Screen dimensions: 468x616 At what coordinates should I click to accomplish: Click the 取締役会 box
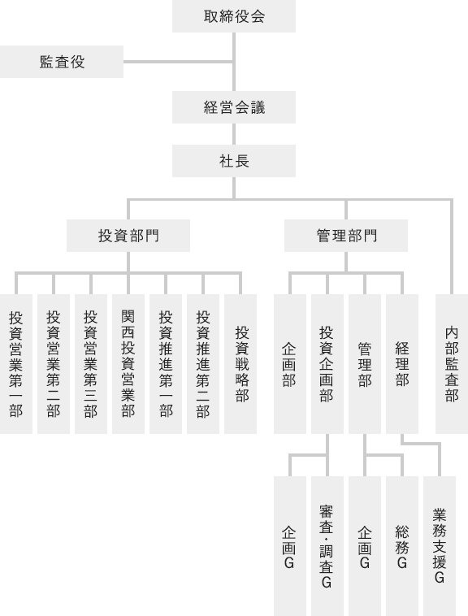tap(234, 16)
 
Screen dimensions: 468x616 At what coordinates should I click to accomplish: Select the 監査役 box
tap(62, 62)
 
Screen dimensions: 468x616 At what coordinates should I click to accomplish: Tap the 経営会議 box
tap(234, 107)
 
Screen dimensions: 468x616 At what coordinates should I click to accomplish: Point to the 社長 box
tap(234, 161)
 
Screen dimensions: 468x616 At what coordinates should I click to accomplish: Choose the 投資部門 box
tap(128, 236)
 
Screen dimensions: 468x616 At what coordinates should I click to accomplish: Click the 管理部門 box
tap(346, 236)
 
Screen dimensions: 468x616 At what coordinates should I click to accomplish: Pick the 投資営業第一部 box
tap(16, 364)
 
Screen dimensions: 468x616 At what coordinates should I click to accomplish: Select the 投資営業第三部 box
tap(91, 364)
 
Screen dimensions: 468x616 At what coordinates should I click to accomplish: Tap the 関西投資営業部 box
tap(128, 364)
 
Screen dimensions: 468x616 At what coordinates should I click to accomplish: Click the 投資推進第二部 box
tap(203, 364)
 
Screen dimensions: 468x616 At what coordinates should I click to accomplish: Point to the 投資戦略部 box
tap(240, 364)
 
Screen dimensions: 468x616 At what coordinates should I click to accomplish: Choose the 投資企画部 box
tap(327, 364)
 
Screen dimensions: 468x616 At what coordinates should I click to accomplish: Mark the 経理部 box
tap(402, 364)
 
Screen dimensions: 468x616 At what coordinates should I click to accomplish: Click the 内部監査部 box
tap(452, 364)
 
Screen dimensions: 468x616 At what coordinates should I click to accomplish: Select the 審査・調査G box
tap(327, 546)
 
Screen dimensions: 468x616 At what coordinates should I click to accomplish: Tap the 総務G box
tap(402, 546)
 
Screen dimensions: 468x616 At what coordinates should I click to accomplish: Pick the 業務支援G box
tap(440, 546)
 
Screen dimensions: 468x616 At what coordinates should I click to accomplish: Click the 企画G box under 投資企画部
tap(290, 546)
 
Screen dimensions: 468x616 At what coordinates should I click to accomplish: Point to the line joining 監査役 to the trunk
tap(178, 62)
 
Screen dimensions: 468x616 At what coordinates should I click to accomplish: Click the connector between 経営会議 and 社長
tap(234, 134)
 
